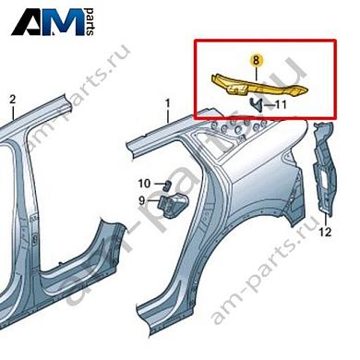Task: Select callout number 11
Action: tap(282, 106)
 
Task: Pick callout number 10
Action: tap(144, 184)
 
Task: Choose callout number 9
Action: tap(143, 200)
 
